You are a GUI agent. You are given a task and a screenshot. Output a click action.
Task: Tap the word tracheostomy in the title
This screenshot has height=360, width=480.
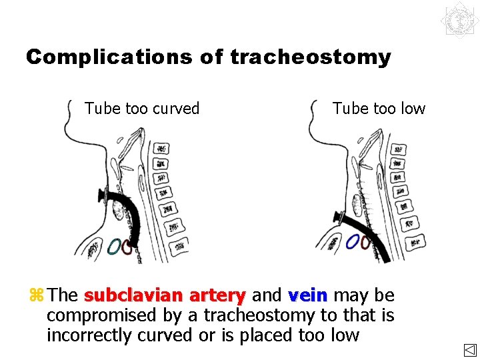pos(311,57)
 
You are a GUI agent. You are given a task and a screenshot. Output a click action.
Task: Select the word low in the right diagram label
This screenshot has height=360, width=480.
pos(411,108)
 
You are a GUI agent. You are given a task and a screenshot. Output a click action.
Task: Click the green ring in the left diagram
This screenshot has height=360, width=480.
pos(114,246)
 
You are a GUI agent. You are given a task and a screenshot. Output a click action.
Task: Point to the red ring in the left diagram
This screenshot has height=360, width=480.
pos(127,247)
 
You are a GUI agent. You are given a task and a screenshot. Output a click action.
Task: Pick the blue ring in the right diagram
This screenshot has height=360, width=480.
pos(353,241)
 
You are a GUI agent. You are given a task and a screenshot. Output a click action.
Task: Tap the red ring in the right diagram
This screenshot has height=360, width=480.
pos(365,242)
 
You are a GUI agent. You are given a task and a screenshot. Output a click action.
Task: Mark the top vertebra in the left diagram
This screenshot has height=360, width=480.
pos(161,148)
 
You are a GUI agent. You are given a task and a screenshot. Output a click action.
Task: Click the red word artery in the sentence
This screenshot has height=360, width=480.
pos(217,295)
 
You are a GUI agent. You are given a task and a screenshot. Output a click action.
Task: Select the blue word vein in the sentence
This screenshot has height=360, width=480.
pos(307,295)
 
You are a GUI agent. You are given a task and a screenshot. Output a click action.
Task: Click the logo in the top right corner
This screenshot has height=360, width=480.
pos(459,20)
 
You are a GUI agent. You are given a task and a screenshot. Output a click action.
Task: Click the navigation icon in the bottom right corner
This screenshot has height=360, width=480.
pos(469,349)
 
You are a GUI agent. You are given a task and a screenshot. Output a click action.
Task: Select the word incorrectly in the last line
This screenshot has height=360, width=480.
pos(89,335)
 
